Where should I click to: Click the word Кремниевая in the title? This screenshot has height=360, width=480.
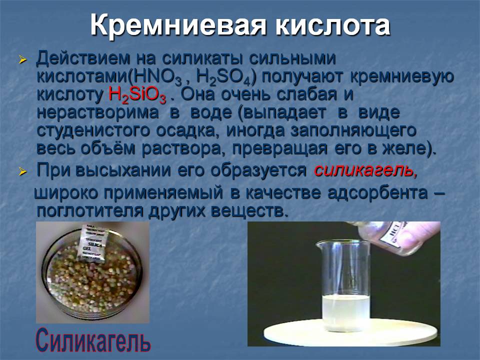coord(178,25)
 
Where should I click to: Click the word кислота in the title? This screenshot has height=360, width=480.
coord(333,25)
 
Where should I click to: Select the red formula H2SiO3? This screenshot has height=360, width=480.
coord(137,95)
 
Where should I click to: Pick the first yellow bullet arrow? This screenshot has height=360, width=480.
coord(22,59)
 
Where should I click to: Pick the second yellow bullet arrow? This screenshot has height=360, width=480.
coord(22,171)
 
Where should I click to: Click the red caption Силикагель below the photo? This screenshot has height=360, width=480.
coord(93,340)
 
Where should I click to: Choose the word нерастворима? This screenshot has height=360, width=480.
coord(97,112)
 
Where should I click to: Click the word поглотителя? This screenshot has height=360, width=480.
coord(89,211)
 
